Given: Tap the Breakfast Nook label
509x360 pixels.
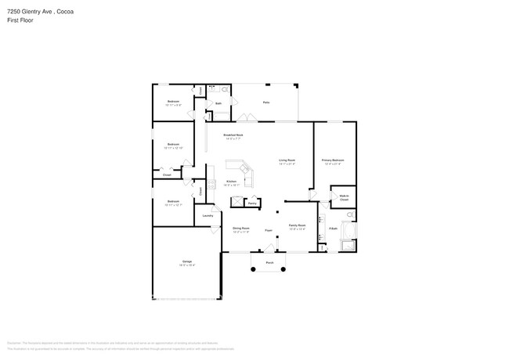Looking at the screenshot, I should coord(233,136).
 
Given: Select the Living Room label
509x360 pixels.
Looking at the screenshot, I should coord(287,160).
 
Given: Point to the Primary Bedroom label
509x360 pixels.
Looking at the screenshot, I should coord(333,160).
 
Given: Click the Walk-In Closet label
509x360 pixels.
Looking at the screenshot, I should coord(344,199).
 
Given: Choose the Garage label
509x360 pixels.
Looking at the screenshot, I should coord(187,261).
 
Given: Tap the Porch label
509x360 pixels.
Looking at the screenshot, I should coord(269,262).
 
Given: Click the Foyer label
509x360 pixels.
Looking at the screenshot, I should coord(268,231).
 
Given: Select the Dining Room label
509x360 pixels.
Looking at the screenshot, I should coord(241,228).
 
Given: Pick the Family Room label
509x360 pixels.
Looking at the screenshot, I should coord(297,225).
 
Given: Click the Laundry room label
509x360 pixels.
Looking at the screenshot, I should coord(208,215).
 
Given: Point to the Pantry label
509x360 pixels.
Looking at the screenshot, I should coord(252,203).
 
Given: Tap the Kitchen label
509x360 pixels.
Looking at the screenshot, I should coord(232,182).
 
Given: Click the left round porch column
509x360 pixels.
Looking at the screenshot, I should coord(252,270).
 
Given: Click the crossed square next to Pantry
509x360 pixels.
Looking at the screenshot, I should coord(235,201).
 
